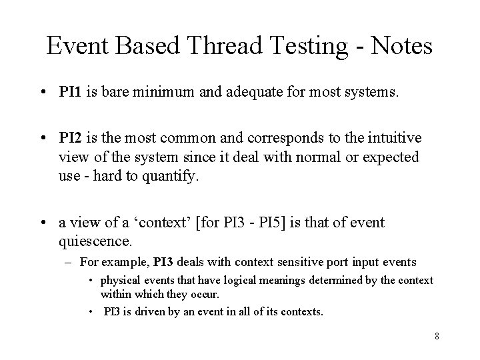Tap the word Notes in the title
(x=399, y=46)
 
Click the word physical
(x=119, y=281)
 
